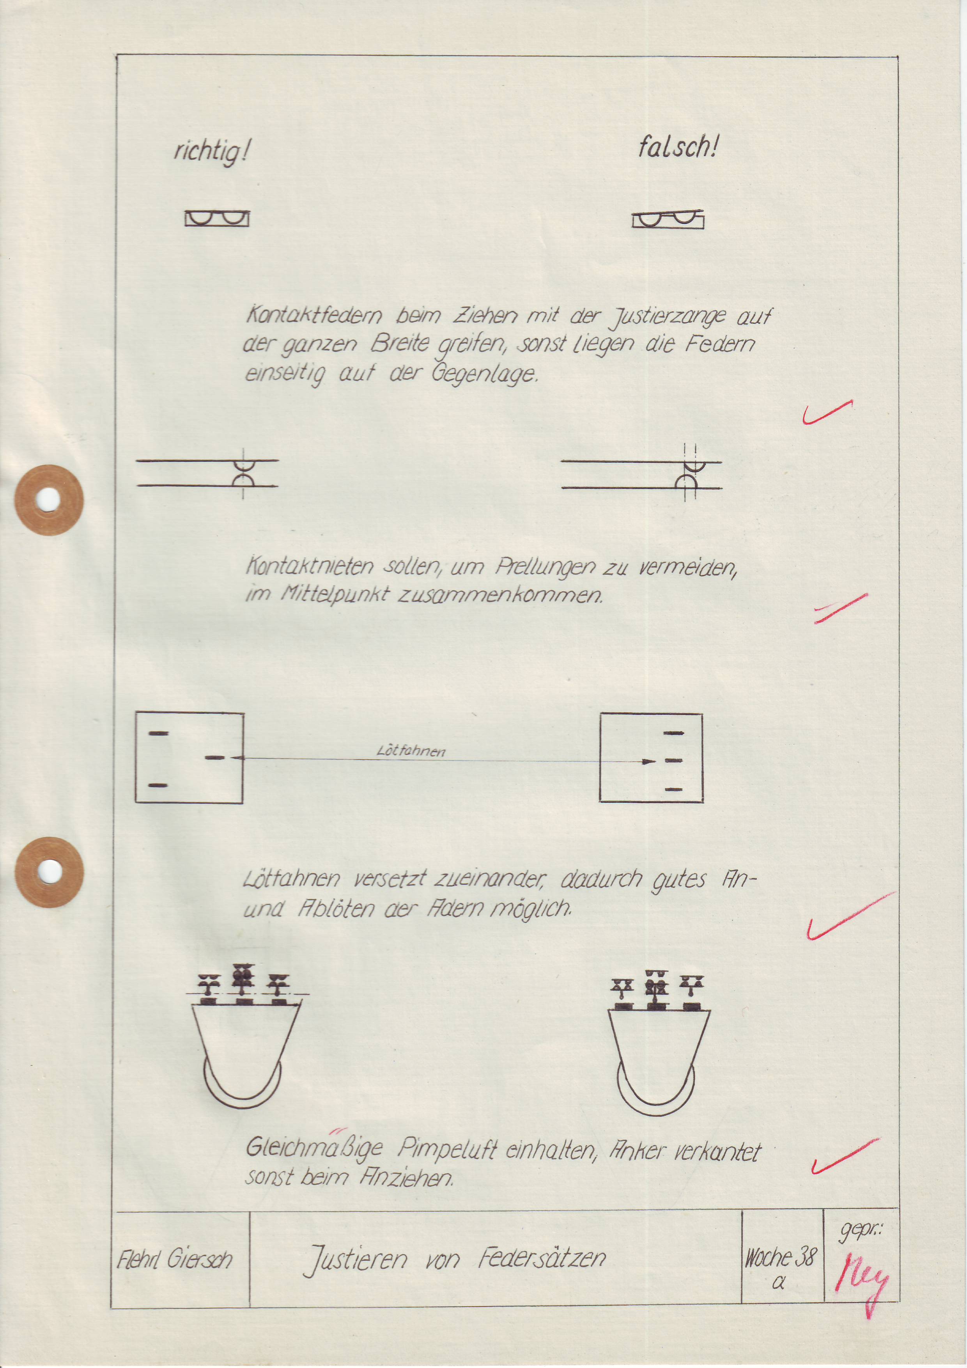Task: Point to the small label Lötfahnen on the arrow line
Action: (x=411, y=751)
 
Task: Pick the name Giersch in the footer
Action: (x=199, y=1258)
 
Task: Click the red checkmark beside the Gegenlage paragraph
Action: (x=827, y=412)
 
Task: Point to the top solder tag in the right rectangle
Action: (x=673, y=733)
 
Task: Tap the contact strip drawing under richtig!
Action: (x=217, y=219)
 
